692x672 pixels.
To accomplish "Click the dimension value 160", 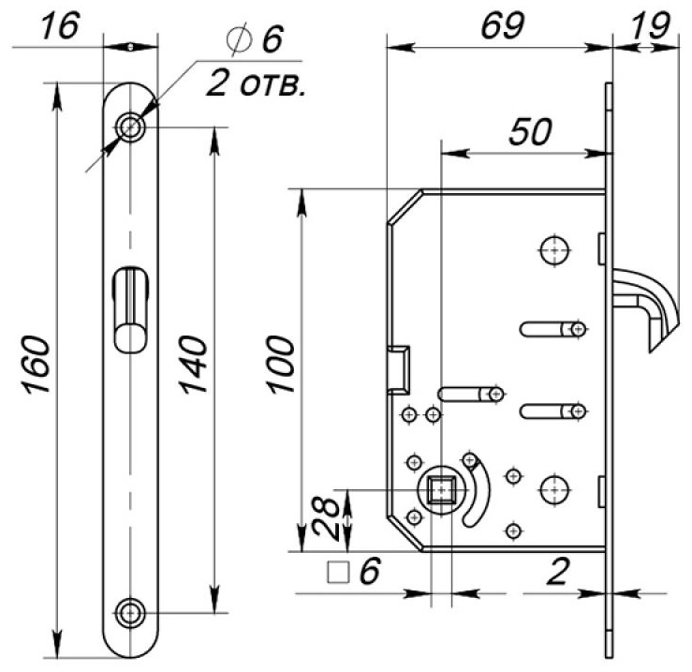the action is pyautogui.click(x=37, y=365).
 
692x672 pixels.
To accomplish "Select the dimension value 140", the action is pyautogui.click(x=193, y=365).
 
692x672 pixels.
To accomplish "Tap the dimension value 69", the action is pyautogui.click(x=503, y=25).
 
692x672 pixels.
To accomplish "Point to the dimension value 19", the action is pyautogui.click(x=651, y=25).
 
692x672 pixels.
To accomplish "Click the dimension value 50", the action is pyautogui.click(x=531, y=131).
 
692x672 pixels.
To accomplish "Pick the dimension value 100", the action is pyautogui.click(x=281, y=365).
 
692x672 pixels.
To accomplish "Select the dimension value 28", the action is pyautogui.click(x=327, y=518).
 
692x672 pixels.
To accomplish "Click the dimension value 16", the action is pyautogui.click(x=60, y=25).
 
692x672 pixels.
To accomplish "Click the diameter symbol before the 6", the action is pyautogui.click(x=239, y=39).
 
